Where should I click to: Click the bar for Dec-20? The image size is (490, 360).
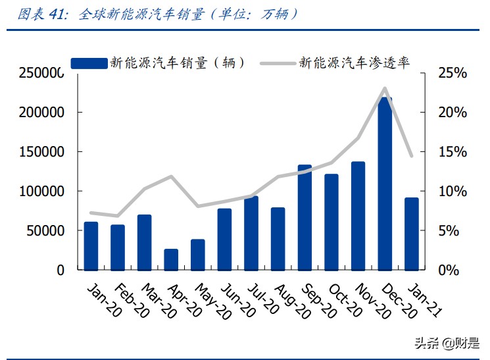385,184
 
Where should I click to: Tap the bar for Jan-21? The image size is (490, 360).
412,234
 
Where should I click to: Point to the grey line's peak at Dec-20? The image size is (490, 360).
385,88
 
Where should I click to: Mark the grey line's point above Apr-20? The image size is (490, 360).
171,176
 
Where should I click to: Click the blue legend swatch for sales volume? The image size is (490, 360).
88,63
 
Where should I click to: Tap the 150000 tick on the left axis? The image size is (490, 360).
41,152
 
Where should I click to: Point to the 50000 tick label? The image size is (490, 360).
45,231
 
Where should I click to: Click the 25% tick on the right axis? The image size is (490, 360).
452,74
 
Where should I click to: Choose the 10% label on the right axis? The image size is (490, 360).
452,192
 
